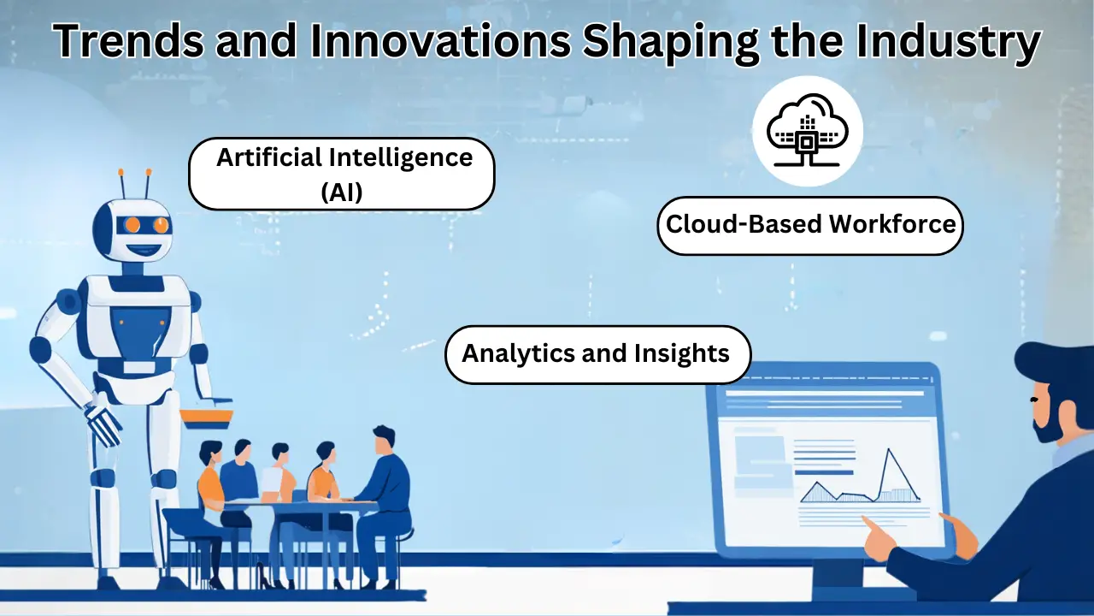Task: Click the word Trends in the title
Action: [128, 40]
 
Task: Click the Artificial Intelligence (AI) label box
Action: [342, 174]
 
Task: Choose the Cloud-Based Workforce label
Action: [810, 225]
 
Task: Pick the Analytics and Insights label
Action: [597, 354]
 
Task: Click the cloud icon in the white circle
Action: [808, 130]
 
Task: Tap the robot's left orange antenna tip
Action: [121, 172]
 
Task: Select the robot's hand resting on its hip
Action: [103, 424]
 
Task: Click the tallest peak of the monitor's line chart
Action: [888, 449]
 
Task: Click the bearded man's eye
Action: [1033, 400]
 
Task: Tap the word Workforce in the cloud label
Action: [892, 224]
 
